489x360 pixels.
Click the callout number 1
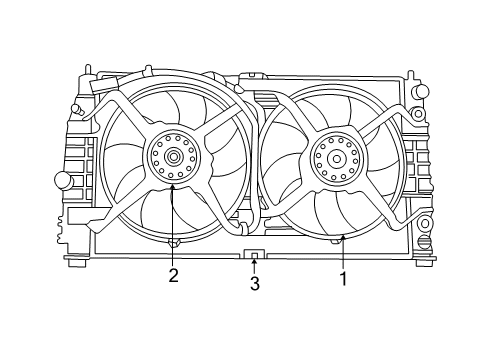point(343,280)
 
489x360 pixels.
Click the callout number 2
point(173,276)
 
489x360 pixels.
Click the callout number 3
point(254,284)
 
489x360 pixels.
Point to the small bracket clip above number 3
point(254,255)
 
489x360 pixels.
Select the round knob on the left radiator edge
point(62,180)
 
